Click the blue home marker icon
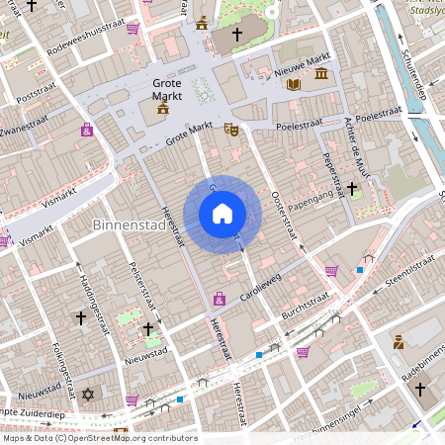222,214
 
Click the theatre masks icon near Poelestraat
231,129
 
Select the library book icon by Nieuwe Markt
292,85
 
